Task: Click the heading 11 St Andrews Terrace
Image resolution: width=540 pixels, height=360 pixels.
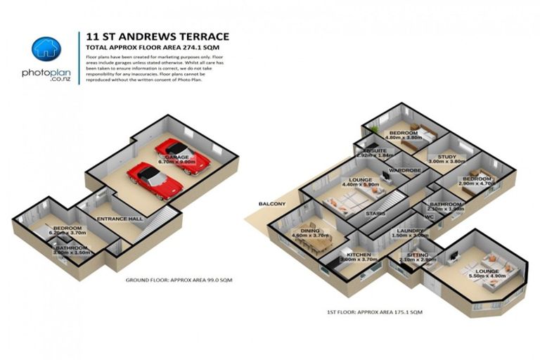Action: [x=157, y=35]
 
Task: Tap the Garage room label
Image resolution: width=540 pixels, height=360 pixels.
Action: [x=176, y=157]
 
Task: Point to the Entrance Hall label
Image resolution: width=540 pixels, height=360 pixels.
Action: [x=120, y=219]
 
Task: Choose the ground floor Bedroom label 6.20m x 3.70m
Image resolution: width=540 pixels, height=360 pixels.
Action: [x=67, y=231]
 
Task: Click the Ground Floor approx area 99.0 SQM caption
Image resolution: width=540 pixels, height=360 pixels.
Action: [x=179, y=280]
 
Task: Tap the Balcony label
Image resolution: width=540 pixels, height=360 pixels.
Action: [x=272, y=204]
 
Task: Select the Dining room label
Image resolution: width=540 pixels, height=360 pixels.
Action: [x=309, y=233]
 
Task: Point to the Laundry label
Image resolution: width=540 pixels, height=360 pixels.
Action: [x=409, y=233]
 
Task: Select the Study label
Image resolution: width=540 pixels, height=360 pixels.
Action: [x=447, y=159]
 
